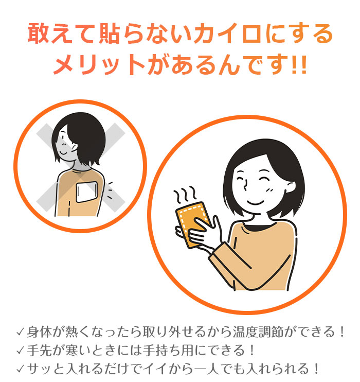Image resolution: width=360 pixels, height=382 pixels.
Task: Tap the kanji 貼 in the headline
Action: click(x=110, y=34)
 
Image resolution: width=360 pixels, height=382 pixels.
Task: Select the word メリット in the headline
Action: click(x=99, y=65)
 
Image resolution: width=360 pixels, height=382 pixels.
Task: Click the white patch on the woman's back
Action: click(x=87, y=193)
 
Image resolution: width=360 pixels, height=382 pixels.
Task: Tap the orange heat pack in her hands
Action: click(x=193, y=223)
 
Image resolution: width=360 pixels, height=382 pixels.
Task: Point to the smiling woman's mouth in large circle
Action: click(x=255, y=203)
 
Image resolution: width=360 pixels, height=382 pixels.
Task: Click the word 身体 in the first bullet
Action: click(x=39, y=332)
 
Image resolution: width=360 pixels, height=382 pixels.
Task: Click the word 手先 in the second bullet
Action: click(x=39, y=350)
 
